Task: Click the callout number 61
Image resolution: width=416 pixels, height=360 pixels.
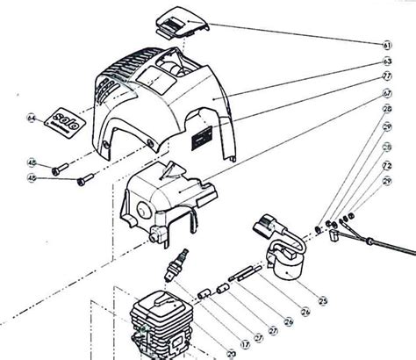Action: coord(387,44)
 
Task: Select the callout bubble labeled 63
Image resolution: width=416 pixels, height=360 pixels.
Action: coord(387,62)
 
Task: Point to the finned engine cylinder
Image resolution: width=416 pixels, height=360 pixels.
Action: coord(161,325)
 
